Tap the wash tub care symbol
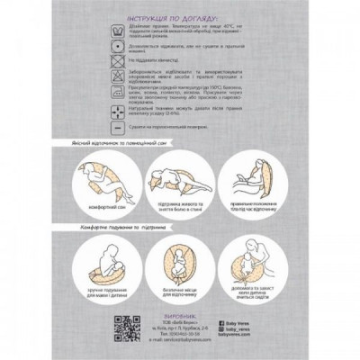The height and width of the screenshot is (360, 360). [116, 31]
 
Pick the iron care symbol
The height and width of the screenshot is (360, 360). [116, 94]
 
